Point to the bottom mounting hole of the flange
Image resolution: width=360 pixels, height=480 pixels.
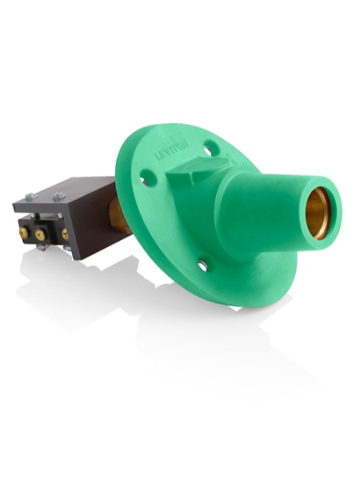[203, 265]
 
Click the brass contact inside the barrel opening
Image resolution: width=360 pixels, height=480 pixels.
[320, 212]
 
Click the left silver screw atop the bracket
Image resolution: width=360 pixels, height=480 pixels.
[30, 196]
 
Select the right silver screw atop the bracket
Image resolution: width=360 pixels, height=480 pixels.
[58, 195]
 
